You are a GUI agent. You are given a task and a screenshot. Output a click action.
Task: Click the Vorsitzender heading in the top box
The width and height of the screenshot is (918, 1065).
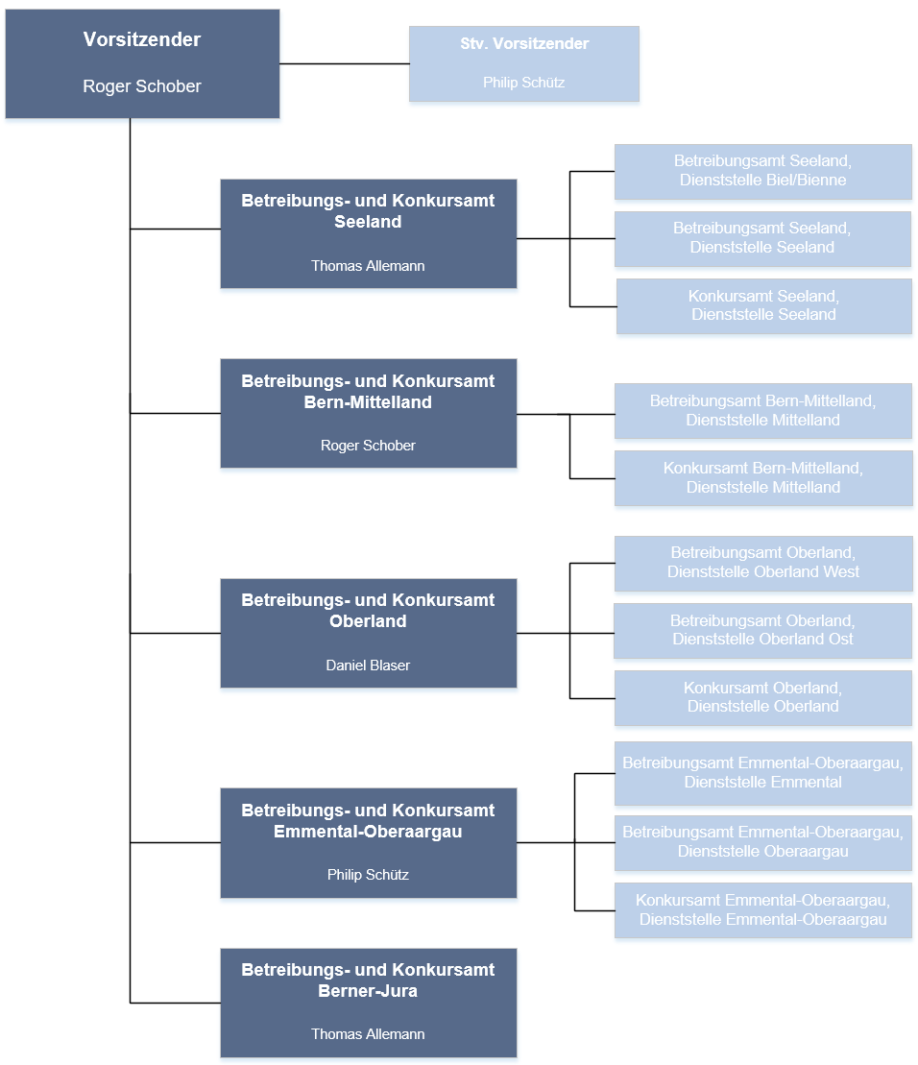142,39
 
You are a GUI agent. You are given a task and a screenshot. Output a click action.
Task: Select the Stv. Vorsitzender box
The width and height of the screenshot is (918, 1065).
524,63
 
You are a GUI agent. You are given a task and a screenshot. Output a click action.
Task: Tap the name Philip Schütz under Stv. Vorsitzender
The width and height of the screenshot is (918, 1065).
524,83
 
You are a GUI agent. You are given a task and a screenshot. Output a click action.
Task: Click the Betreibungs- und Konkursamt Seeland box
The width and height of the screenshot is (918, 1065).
369,233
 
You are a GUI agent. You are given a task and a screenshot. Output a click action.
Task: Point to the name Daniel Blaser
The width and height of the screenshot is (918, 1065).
368,665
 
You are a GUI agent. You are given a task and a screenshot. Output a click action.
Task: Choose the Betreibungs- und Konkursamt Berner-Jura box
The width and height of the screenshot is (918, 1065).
369,1004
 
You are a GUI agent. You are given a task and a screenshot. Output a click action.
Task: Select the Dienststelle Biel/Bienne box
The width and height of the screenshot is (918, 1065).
763,172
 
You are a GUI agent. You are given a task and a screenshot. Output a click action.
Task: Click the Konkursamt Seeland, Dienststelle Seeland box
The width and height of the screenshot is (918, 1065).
763,306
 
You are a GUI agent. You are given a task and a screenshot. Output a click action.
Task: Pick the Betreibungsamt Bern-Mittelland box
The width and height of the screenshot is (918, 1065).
763,411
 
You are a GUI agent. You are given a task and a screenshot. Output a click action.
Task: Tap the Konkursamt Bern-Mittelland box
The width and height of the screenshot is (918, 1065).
763,478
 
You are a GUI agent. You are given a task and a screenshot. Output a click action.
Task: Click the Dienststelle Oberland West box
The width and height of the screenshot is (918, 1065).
763,563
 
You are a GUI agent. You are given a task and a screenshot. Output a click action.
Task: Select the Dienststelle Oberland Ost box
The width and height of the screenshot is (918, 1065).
763,631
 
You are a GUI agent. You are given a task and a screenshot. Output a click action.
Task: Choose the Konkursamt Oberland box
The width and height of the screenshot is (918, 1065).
763,698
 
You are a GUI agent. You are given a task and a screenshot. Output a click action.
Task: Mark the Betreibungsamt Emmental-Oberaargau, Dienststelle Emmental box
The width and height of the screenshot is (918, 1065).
763,774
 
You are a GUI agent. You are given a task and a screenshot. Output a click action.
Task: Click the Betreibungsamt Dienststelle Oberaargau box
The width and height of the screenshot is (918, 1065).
763,843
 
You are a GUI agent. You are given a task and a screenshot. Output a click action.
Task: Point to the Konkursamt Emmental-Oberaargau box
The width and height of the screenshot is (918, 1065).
763,910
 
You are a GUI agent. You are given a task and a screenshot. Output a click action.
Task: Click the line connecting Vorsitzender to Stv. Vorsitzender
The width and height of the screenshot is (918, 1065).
344,63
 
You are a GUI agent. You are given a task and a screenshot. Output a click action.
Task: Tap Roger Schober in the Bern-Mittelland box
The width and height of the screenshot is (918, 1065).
368,446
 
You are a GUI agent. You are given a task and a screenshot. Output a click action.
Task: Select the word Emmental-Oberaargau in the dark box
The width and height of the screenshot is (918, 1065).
368,832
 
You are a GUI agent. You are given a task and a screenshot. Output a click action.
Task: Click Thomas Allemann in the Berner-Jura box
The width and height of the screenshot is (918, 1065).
368,1033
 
